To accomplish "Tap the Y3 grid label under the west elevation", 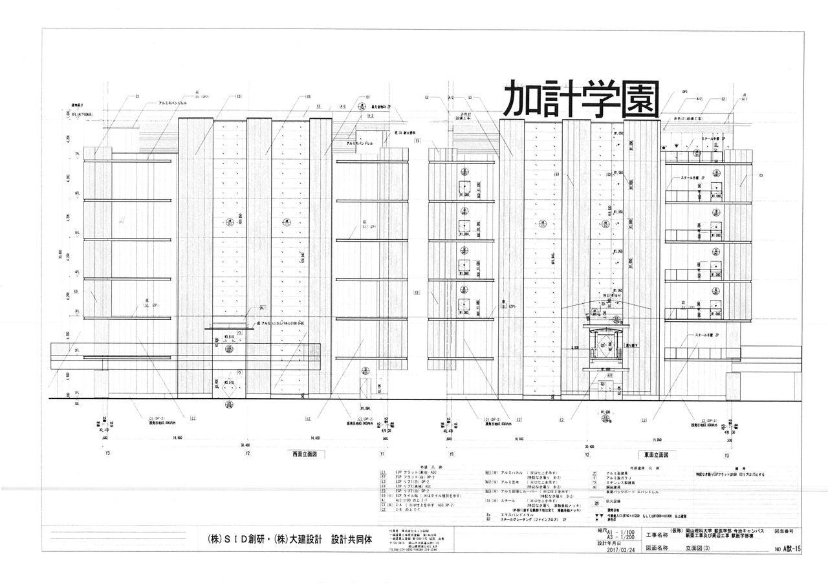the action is (107, 453).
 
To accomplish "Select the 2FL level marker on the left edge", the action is (77, 350).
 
